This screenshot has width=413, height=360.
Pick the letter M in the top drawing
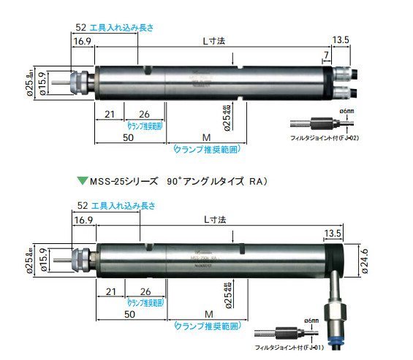point(207,137)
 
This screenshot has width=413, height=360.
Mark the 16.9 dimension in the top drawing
point(81,42)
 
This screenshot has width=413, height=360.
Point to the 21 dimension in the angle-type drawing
point(110,290)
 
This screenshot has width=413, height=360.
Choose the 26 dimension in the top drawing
point(144,114)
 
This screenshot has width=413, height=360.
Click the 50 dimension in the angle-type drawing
point(129,313)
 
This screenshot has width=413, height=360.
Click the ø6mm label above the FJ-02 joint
point(346,110)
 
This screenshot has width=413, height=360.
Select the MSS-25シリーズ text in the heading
point(120,180)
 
